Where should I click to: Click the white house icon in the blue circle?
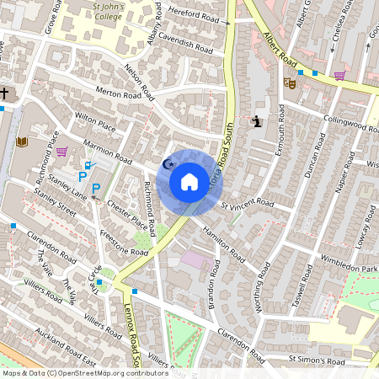[x=189, y=181]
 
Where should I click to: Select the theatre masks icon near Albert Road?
[x=289, y=83]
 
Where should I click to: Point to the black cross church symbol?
[x=4, y=93]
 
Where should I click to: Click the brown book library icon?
[x=22, y=141]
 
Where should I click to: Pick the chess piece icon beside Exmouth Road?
[x=254, y=121]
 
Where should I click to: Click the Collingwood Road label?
[x=350, y=125]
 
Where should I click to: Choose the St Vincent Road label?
[x=248, y=204]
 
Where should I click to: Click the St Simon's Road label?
[x=317, y=360]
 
